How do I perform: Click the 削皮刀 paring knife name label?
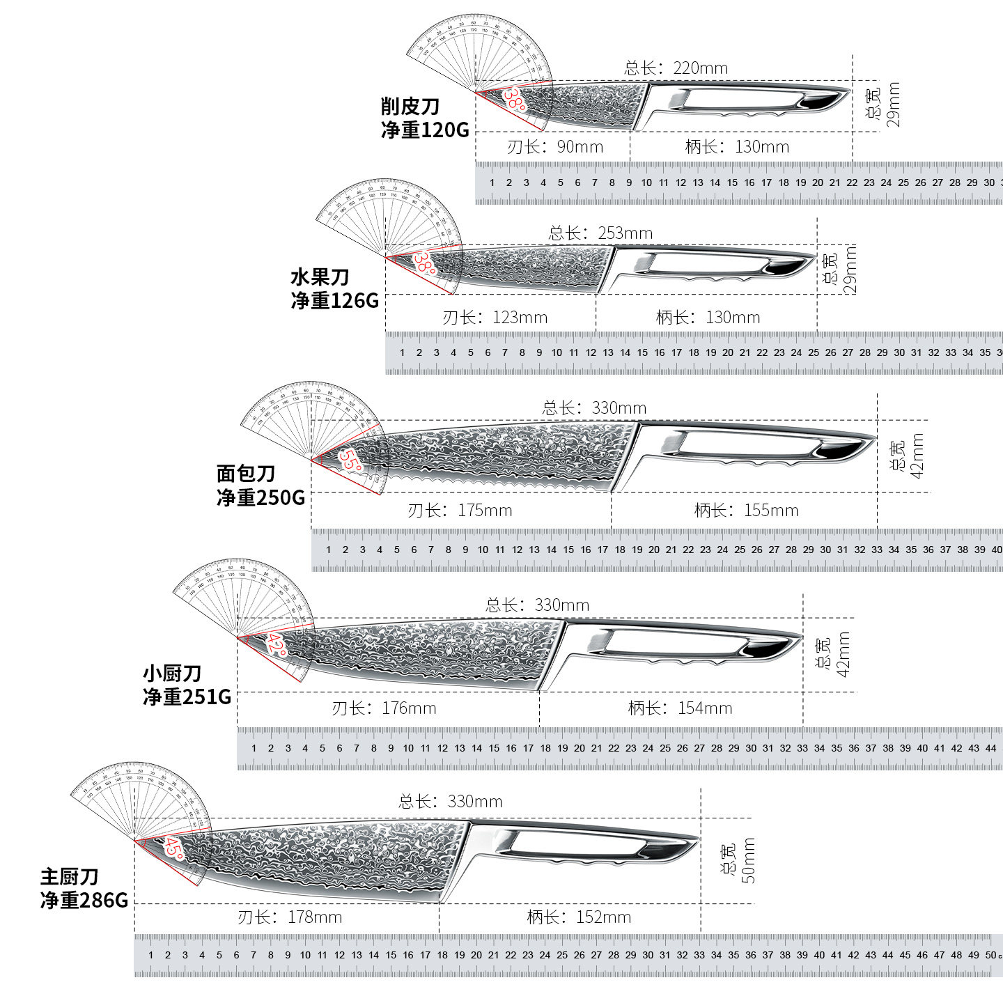tap(410, 107)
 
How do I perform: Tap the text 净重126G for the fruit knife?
tap(335, 300)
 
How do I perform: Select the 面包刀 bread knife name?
tap(246, 474)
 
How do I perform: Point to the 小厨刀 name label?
tap(172, 673)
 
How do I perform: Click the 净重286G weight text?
tap(84, 900)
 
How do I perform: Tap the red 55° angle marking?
tap(350, 460)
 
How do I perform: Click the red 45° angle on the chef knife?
tap(174, 848)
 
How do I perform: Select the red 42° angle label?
tap(276, 644)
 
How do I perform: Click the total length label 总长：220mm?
tap(676, 68)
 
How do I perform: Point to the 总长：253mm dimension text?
tap(600, 233)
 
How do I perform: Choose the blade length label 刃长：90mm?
tap(554, 147)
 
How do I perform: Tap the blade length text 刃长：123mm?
tap(495, 318)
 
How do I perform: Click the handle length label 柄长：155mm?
tap(745, 511)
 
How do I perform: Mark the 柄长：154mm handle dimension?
tap(680, 708)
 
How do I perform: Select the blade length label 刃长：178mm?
tap(290, 917)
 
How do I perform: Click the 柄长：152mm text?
tap(579, 917)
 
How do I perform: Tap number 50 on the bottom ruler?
tap(990, 955)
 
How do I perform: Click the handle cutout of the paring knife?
tap(738, 99)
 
